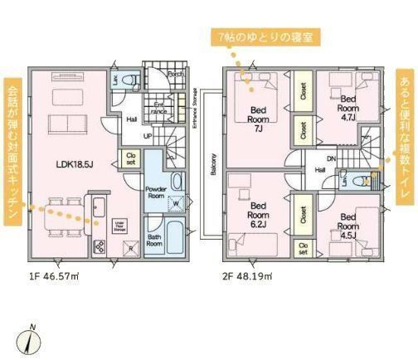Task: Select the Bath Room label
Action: coord(154,241)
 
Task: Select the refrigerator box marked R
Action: coord(129,248)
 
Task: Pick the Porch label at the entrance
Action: coord(175,74)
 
